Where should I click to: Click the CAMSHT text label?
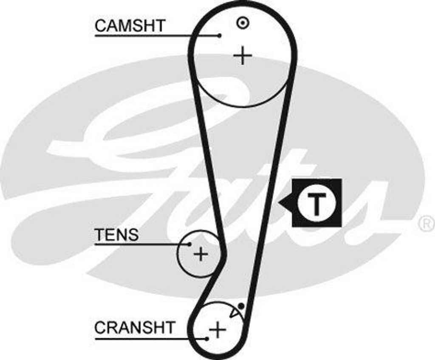(x=130, y=26)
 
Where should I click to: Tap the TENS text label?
(x=116, y=235)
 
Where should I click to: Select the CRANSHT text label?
(x=135, y=328)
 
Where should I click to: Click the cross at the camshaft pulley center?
(x=243, y=56)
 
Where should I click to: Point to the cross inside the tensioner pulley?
(x=201, y=254)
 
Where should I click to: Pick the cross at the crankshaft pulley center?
(x=217, y=329)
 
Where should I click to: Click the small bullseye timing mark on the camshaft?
(x=242, y=23)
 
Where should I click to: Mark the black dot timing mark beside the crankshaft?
(x=241, y=305)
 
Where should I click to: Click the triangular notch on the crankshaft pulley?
(x=234, y=313)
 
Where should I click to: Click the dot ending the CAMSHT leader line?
(x=219, y=36)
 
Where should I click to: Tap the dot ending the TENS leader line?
(x=189, y=244)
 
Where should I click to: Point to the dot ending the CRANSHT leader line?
(x=207, y=338)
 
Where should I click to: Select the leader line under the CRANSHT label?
(x=149, y=338)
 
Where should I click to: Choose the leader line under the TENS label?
(x=140, y=244)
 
